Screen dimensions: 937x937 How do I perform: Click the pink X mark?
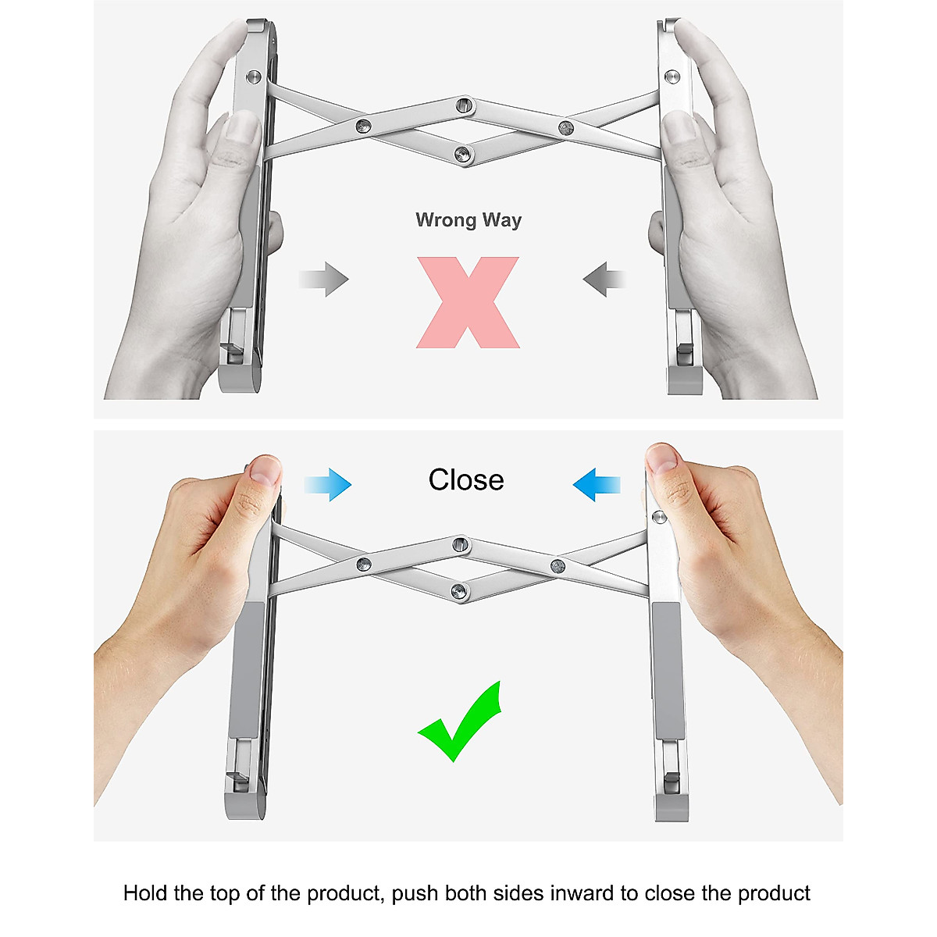click(468, 302)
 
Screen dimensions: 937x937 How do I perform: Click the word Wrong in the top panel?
click(446, 220)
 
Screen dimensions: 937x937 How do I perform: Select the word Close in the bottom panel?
click(466, 479)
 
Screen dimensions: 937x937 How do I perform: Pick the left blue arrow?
click(329, 484)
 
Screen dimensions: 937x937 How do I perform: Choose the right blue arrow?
click(597, 484)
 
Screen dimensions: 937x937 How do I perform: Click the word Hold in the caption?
click(147, 893)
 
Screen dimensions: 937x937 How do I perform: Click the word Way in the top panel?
click(502, 220)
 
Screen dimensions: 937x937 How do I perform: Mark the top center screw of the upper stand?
click(463, 104)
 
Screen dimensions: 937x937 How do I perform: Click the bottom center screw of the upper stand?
click(463, 155)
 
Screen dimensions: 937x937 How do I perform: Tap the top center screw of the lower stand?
click(461, 543)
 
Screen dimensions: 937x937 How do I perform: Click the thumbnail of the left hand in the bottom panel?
click(265, 470)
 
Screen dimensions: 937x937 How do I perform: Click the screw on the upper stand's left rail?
click(253, 77)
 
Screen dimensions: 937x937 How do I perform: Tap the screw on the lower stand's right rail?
click(659, 517)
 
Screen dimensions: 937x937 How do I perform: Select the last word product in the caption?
click(774, 893)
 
